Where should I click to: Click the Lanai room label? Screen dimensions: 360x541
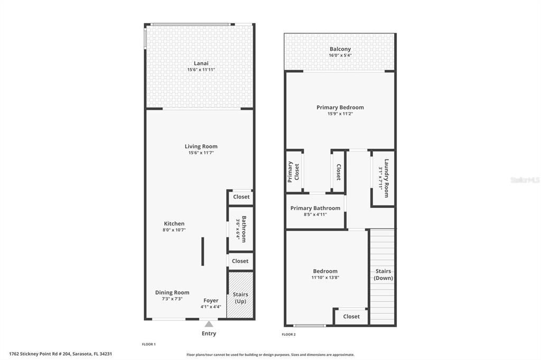click(201, 63)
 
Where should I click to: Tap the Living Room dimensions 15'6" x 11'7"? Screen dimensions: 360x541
click(201, 153)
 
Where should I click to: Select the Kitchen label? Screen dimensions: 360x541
click(174, 224)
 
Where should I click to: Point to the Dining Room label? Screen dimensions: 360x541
click(172, 292)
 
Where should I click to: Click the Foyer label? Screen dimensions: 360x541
click(211, 300)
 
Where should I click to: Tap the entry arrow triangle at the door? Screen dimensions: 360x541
click(209, 324)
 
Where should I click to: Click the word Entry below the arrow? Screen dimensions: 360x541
click(209, 334)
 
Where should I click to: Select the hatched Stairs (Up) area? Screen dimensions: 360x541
click(240, 296)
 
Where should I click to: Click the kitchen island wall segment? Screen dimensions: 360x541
click(202, 251)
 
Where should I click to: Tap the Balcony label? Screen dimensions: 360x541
click(340, 49)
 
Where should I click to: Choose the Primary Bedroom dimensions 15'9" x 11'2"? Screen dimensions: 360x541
click(340, 113)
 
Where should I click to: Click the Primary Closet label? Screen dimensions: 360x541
click(293, 172)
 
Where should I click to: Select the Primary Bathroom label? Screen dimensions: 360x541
click(315, 208)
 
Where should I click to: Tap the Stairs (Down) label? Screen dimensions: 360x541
click(383, 274)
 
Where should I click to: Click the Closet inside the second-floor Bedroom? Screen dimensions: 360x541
click(351, 316)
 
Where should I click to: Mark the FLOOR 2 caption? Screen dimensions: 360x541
click(288, 334)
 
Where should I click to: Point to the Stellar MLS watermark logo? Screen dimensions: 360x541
click(525, 180)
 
